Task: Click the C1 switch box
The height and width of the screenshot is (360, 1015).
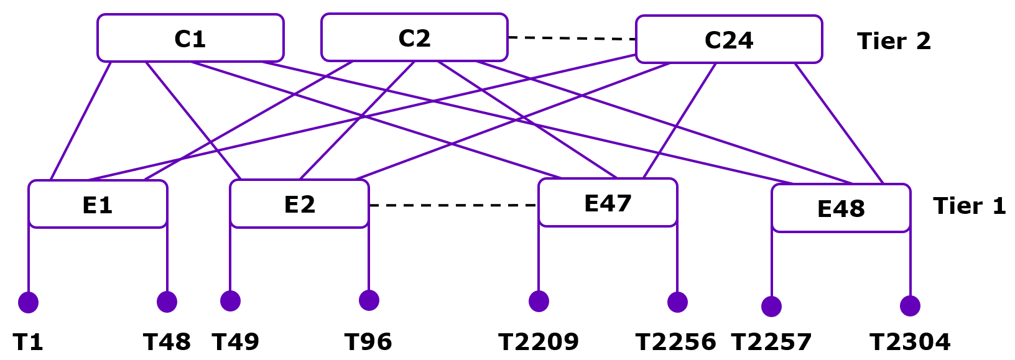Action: point(190,38)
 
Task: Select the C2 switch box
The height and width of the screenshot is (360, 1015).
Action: point(414,37)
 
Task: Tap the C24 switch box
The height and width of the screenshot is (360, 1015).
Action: point(729,39)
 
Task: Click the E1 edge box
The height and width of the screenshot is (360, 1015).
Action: point(98,204)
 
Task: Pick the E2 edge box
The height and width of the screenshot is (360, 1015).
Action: point(299,204)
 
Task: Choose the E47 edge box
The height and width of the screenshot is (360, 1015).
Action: point(608,203)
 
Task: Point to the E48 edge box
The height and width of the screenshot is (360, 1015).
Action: point(841,208)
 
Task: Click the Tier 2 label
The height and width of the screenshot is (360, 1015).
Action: point(894,41)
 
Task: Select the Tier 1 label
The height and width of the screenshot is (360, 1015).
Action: point(969,206)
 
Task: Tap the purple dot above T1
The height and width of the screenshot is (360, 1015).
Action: point(29,303)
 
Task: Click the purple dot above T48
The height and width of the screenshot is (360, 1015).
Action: point(167,302)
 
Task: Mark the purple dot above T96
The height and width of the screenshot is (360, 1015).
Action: point(369,300)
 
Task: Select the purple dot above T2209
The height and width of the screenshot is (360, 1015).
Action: point(539,302)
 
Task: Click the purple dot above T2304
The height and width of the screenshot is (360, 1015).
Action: point(910,306)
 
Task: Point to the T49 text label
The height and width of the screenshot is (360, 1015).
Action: point(235,342)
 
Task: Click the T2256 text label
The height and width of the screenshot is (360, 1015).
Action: point(675,342)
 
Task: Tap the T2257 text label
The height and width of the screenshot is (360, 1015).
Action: point(771,342)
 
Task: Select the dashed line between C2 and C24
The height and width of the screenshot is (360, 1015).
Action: point(572,39)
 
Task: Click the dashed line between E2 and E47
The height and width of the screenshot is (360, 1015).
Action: point(453,205)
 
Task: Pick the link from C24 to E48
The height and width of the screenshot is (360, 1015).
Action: point(838,123)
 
